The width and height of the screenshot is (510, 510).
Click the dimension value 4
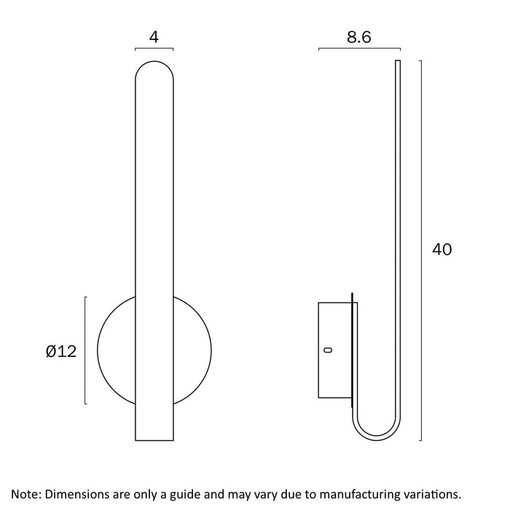154,37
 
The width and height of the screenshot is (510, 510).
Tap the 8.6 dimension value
358,37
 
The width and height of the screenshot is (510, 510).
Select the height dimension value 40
442,249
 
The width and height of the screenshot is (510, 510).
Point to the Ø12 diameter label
61,351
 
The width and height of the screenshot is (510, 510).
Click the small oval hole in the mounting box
329,350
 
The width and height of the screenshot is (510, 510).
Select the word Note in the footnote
25,494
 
